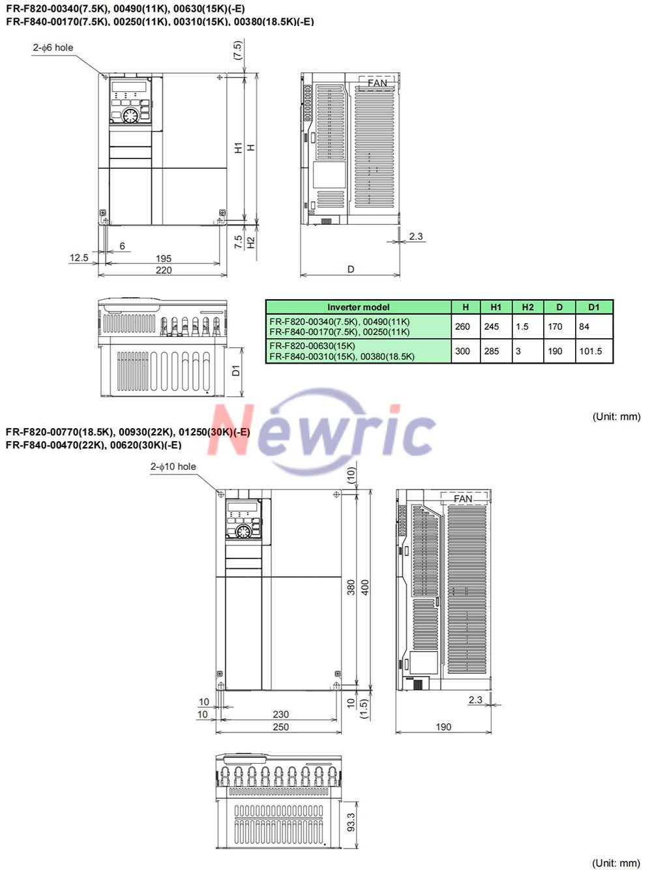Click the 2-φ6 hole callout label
(x=53, y=48)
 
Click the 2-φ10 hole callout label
(x=173, y=467)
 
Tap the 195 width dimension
(x=163, y=259)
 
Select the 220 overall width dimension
(x=163, y=270)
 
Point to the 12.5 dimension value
(x=79, y=257)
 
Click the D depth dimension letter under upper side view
(x=351, y=269)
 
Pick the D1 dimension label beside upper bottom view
(x=236, y=371)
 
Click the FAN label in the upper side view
(x=377, y=83)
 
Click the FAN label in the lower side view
(x=463, y=499)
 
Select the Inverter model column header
(x=359, y=307)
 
